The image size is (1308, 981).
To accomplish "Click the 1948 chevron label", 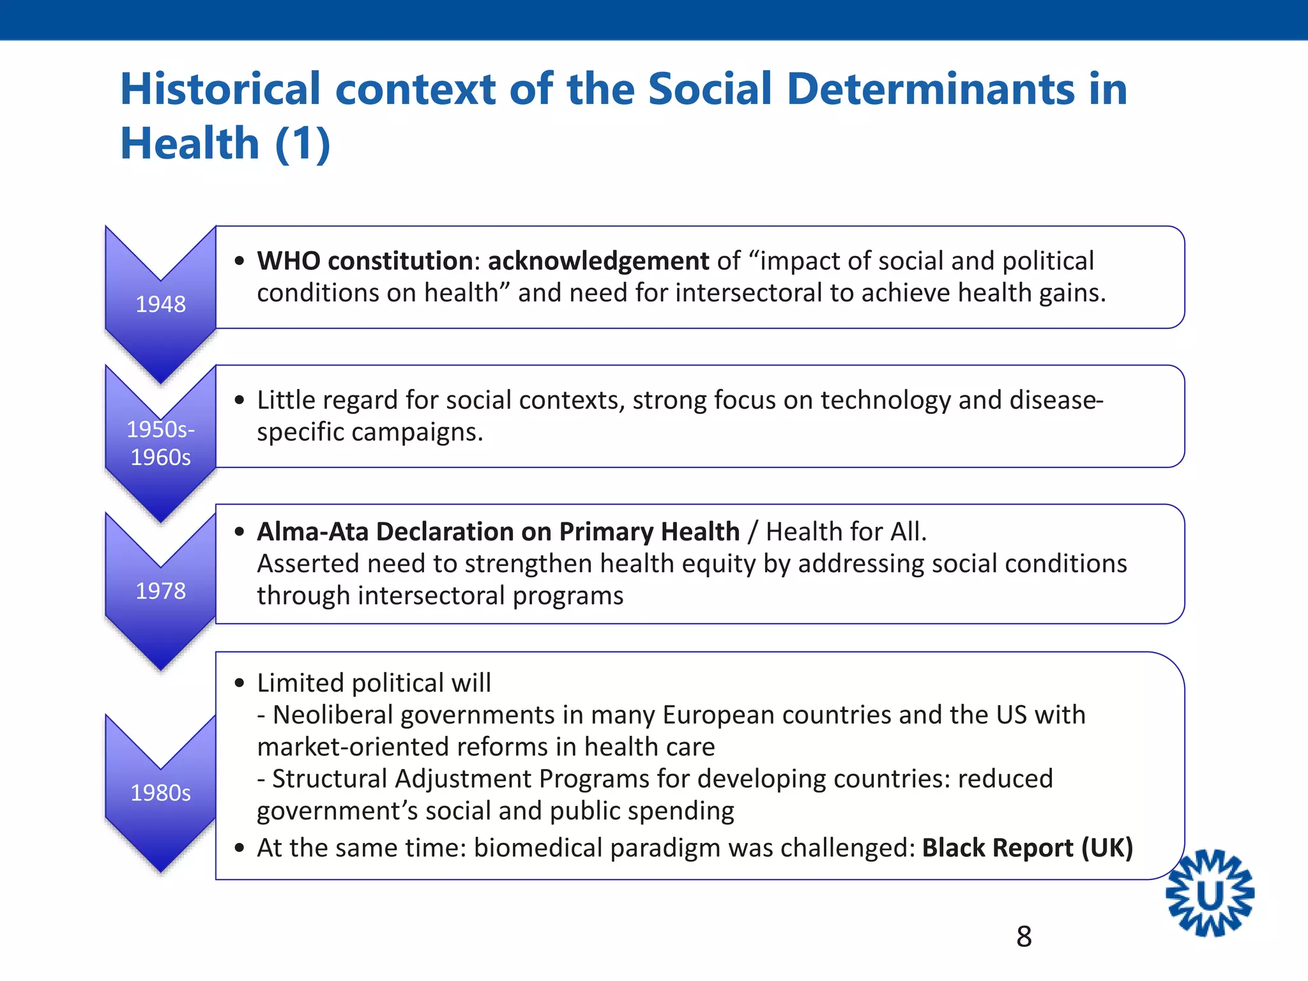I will pos(160,304).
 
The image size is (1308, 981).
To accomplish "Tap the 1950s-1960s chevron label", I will pos(160,443).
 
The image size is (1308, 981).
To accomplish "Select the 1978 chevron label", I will pos(160,591).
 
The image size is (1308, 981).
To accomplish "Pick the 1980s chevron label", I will pos(160,793).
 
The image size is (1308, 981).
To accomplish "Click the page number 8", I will pos(1024,937).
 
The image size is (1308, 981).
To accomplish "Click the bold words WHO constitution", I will pos(365,261).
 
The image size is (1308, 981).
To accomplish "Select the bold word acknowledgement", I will pos(598,261).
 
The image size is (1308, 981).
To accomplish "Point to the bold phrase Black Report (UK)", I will pos(1027,848).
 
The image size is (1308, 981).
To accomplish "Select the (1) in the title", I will pos(302,143).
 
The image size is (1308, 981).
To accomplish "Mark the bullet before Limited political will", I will pos(240,683).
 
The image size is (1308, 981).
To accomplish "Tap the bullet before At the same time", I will pos(240,848).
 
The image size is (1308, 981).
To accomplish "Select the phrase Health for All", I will pos(846,531).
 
